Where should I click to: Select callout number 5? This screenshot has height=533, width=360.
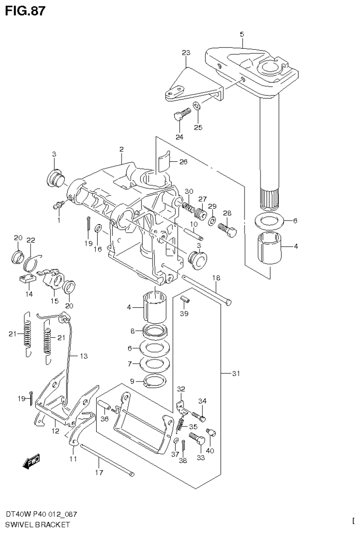tap(242, 34)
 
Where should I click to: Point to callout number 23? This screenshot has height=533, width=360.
tap(186, 53)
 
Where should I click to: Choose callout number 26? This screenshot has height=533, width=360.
tap(183, 163)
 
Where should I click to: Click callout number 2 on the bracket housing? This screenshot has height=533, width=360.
tap(121, 150)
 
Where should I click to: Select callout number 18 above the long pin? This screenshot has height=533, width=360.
tap(215, 278)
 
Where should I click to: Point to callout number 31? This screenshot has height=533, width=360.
tap(236, 373)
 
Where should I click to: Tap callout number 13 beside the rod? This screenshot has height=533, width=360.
tap(83, 357)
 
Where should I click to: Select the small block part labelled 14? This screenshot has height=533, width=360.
tap(29, 280)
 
